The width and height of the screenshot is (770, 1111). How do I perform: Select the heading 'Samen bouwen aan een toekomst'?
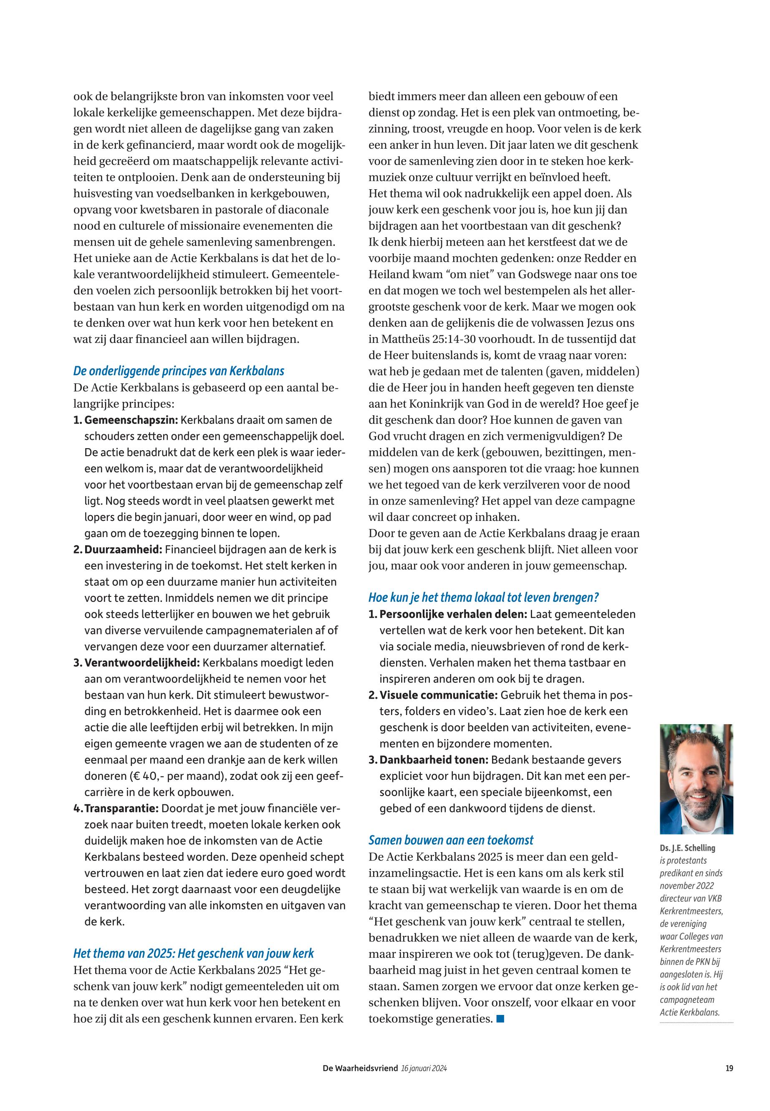451,840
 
